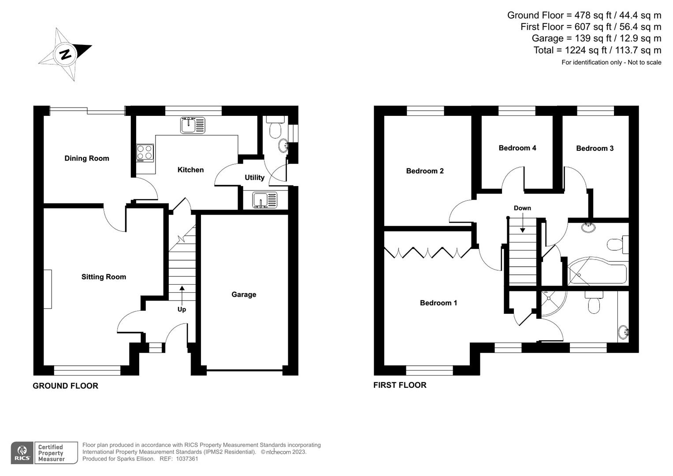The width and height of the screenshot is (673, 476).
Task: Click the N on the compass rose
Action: click(x=66, y=54)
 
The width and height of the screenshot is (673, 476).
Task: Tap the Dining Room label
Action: click(x=86, y=158)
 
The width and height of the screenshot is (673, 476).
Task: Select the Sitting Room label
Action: click(x=104, y=277)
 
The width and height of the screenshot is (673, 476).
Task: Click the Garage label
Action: click(x=244, y=294)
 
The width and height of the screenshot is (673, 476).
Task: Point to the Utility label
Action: click(x=254, y=177)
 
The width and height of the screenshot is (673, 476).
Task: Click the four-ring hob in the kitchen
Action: click(x=145, y=152)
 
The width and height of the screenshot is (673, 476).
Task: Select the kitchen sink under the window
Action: click(x=193, y=125)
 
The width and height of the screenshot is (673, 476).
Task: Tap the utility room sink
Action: click(x=265, y=200)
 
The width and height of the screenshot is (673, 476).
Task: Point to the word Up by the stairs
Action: click(x=182, y=309)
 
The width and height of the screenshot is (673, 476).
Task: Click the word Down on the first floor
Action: click(x=522, y=208)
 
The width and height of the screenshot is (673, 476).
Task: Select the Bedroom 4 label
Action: click(x=517, y=148)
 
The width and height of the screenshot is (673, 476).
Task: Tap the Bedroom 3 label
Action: click(x=595, y=149)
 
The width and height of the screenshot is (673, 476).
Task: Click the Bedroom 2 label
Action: click(x=424, y=171)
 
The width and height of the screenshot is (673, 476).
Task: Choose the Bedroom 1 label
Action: click(x=438, y=303)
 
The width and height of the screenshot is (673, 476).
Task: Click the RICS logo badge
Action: click(x=22, y=453)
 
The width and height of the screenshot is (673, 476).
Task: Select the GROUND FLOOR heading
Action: click(x=65, y=386)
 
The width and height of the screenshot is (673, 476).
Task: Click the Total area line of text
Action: click(x=597, y=50)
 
